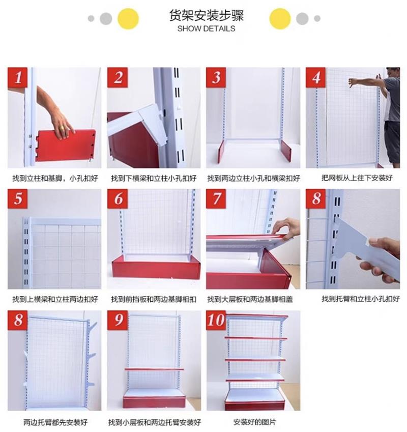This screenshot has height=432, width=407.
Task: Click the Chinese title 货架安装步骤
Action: click(x=206, y=16)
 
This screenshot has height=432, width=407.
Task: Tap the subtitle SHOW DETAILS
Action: click(x=206, y=28)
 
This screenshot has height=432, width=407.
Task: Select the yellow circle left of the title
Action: click(x=128, y=19)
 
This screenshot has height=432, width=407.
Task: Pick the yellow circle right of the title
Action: click(x=280, y=19)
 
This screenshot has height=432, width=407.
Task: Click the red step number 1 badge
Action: click(x=18, y=77)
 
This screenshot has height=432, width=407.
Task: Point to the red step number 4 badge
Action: click(x=315, y=77)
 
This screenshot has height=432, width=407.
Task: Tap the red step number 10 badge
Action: click(x=216, y=320)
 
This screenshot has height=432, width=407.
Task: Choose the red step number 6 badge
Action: click(x=118, y=198)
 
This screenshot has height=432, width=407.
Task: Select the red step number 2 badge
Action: click(x=118, y=77)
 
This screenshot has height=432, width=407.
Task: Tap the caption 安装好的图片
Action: click(x=254, y=422)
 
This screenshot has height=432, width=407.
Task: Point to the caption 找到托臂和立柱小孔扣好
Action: click(x=361, y=299)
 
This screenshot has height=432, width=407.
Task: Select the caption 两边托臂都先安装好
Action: click(x=55, y=422)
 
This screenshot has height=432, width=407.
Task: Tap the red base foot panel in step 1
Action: click(x=65, y=145)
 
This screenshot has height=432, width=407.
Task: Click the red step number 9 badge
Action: click(x=118, y=320)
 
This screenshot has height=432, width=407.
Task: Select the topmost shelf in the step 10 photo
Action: click(x=256, y=315)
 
